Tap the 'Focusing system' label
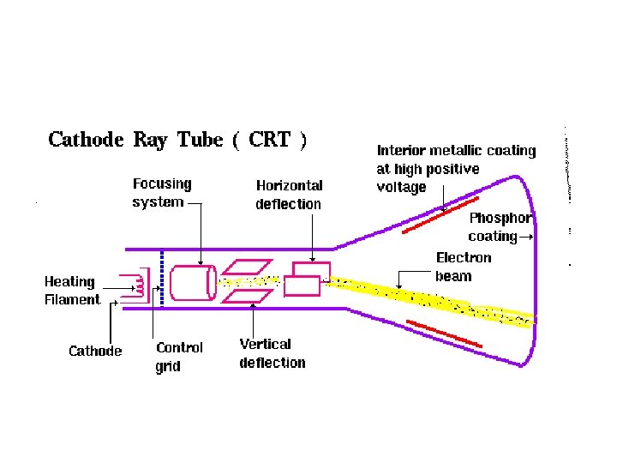click(162, 193)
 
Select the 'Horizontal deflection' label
click(289, 195)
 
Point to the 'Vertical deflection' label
click(272, 353)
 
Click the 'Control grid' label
click(179, 357)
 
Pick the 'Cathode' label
click(95, 351)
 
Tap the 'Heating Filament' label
click(72, 291)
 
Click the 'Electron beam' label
click(464, 267)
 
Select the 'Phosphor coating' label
click(499, 227)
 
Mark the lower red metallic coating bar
click(443, 333)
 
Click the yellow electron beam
click(428, 302)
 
